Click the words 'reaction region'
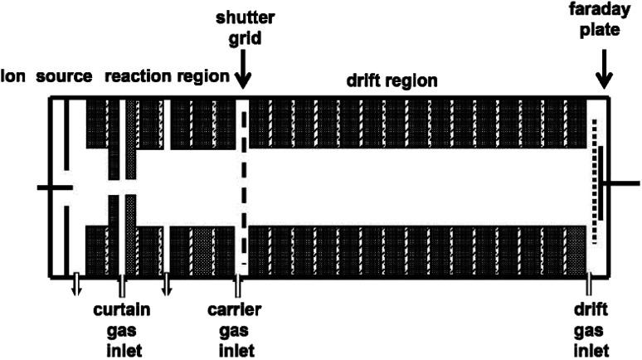point(167,77)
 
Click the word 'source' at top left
point(64,77)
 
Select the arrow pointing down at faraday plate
point(605,75)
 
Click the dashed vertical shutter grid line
point(243,187)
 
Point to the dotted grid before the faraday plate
point(594,182)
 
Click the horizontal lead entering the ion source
point(55,187)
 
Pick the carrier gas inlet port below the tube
point(237,286)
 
